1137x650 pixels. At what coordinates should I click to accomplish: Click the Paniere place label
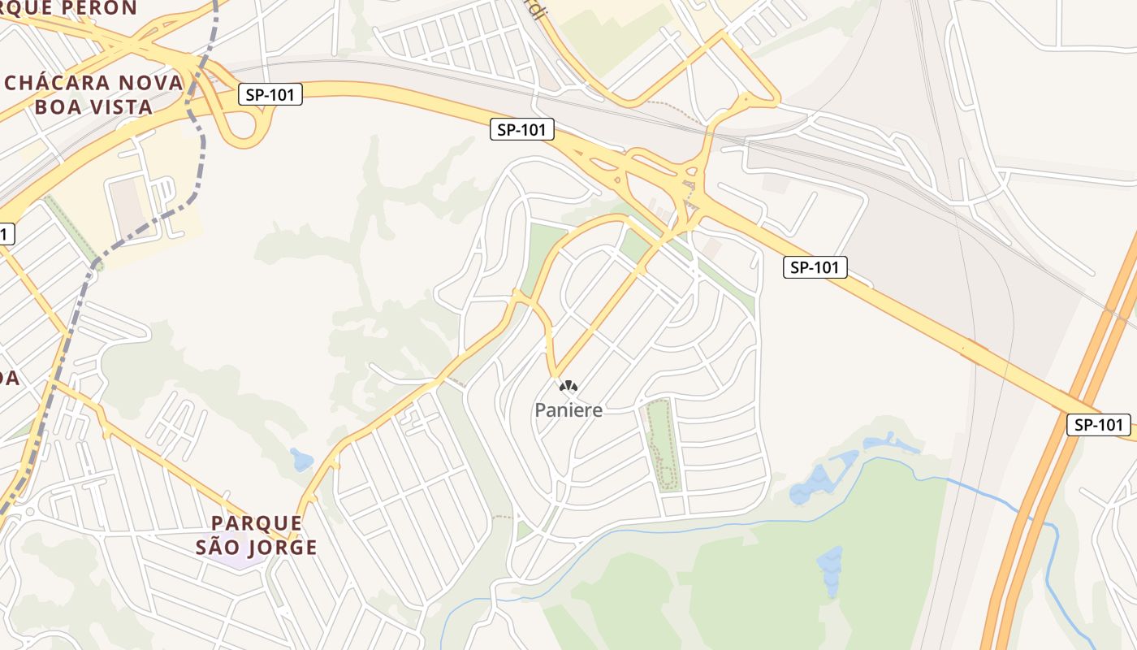click(568, 410)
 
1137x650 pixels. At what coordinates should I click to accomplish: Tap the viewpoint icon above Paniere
click(568, 387)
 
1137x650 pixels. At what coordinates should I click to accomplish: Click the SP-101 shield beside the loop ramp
click(270, 94)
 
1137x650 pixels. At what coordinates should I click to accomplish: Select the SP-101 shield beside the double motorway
click(1098, 424)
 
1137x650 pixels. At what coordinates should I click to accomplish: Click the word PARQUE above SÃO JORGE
click(256, 522)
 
